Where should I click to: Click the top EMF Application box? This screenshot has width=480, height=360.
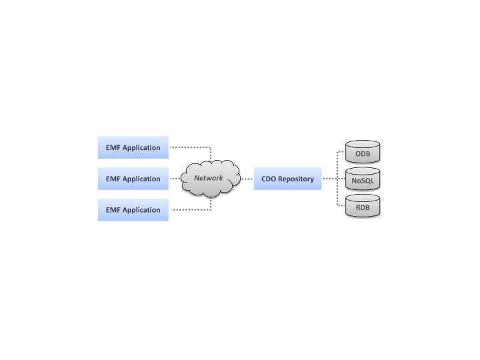133,147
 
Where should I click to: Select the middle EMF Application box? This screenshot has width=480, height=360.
133,179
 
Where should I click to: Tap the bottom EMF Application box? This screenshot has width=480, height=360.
133,209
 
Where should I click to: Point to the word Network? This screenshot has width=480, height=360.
209,178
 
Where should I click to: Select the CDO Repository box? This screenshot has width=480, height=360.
287,179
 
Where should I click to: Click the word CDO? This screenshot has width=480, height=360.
269,179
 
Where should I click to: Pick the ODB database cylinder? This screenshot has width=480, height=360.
363,153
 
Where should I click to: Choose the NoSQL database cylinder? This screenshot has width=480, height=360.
363,179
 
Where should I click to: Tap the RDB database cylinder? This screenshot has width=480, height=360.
363,207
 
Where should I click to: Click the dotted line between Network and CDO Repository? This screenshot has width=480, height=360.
247,179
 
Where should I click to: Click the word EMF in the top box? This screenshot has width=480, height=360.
113,147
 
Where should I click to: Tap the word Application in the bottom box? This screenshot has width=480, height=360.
141,209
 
